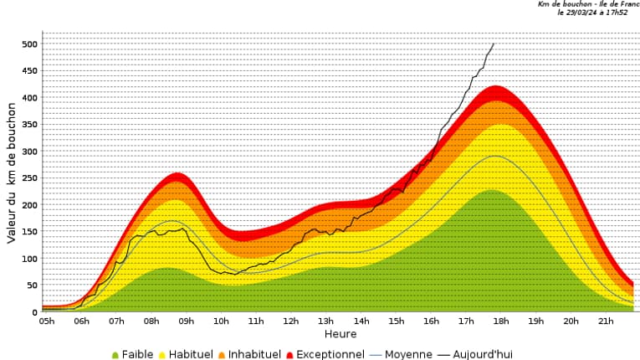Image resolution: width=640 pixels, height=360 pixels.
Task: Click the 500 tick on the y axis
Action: (30, 44)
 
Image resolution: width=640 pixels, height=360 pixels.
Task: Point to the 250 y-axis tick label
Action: (30, 178)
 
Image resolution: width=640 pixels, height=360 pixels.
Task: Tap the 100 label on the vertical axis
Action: (30, 259)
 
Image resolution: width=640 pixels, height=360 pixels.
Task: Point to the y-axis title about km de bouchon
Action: (12, 173)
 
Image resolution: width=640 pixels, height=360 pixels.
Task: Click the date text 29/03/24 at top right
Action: (586, 13)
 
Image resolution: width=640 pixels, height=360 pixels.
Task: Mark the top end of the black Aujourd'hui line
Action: (494, 44)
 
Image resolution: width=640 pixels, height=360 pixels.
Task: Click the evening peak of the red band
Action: (496, 86)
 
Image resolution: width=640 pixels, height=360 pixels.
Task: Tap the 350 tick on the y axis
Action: (30, 125)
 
